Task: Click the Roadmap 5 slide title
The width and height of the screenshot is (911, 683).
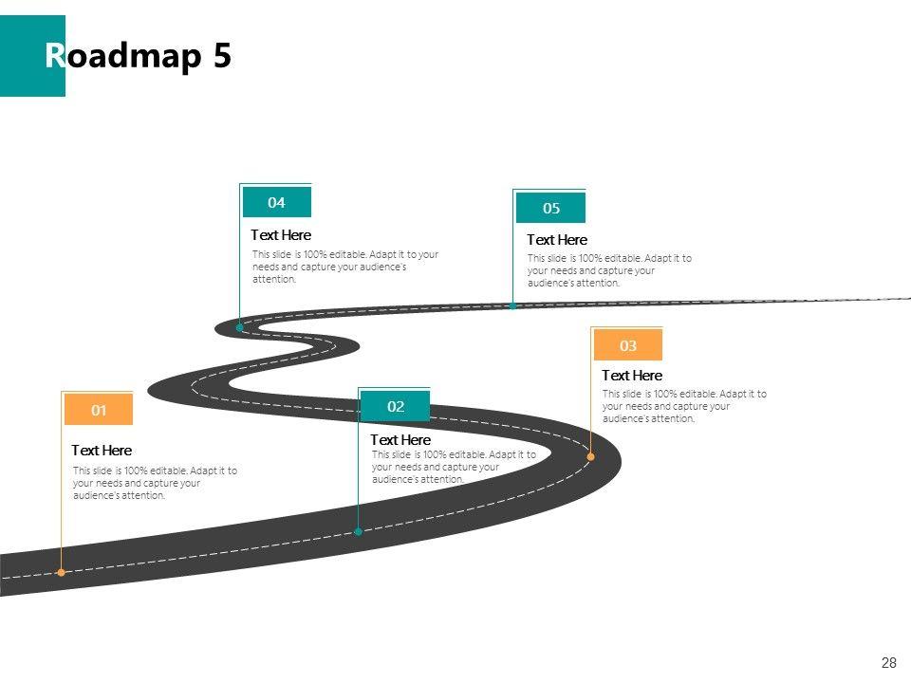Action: coord(138,57)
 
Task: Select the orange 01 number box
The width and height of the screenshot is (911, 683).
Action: coord(99,411)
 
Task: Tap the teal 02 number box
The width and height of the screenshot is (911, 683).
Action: coord(396,407)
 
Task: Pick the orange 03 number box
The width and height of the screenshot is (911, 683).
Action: coord(627,345)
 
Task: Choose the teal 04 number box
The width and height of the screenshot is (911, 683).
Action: coord(276,202)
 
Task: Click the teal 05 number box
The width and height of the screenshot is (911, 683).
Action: coord(551,208)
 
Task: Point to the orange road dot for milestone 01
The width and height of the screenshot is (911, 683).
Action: coord(62,572)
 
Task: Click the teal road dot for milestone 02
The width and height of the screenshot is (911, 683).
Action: coord(358,531)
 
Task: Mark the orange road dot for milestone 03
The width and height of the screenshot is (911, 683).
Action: coord(590,456)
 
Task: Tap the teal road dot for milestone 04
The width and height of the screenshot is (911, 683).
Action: coord(240,327)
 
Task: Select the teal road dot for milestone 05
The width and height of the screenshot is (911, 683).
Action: coord(513,305)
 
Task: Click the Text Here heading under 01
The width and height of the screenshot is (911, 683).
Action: coord(102,451)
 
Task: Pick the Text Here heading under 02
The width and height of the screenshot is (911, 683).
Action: coord(400,440)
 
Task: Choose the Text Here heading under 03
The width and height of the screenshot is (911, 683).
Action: coord(632,376)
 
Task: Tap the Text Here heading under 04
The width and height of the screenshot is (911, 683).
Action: coord(281,235)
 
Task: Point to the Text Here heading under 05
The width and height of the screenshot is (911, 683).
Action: coord(557,240)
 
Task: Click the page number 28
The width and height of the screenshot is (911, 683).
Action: coord(889,663)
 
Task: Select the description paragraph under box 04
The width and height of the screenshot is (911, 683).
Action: coord(345,267)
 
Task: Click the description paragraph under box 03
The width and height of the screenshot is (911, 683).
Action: coord(684,406)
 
